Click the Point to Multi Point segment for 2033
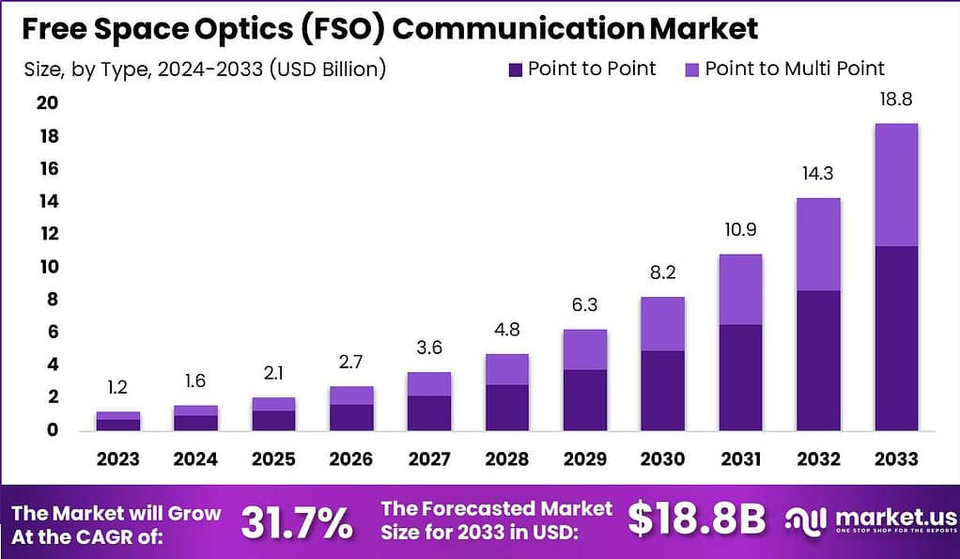[x=895, y=185]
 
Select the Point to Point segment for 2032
[x=817, y=360]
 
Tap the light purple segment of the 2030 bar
[x=663, y=324]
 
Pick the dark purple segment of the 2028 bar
[x=506, y=407]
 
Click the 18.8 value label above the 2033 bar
[x=895, y=99]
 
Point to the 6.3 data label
[x=584, y=305]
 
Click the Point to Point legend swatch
[x=517, y=69]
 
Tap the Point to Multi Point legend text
[x=795, y=69]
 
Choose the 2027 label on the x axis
[x=428, y=458]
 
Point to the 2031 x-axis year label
[x=740, y=458]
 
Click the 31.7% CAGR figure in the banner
[x=297, y=522]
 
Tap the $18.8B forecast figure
[x=696, y=520]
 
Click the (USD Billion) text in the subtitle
[x=328, y=69]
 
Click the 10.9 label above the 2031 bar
[x=740, y=230]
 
